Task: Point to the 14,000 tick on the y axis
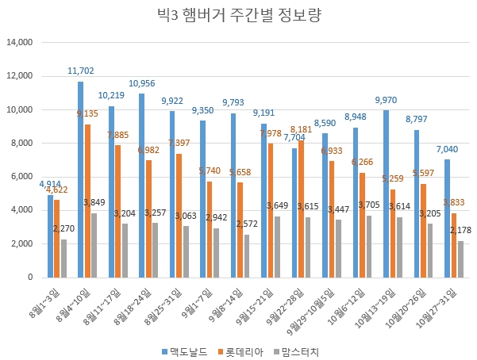point(19,43)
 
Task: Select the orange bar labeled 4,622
point(56,239)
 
